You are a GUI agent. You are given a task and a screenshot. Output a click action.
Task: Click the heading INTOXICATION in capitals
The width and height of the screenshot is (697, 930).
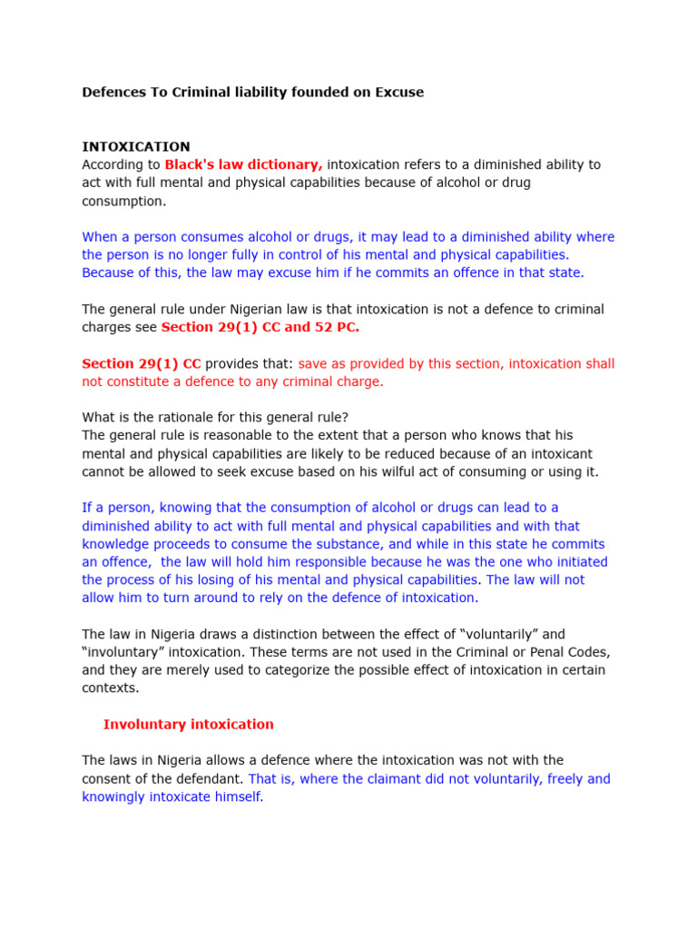[x=136, y=146]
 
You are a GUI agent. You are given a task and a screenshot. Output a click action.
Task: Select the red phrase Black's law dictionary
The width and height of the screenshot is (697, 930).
[x=243, y=164]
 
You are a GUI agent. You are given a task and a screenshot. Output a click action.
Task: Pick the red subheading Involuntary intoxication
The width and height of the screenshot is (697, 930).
[x=188, y=724]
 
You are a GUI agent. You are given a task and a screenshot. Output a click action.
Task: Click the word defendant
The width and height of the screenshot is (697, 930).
[x=207, y=778]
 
